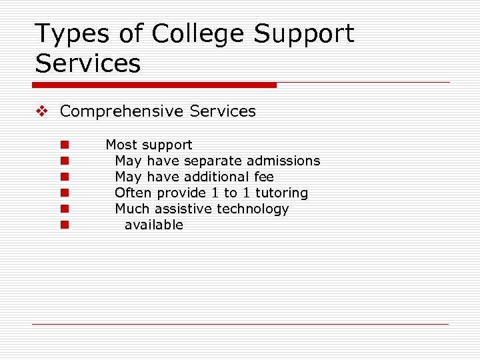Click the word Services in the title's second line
[x=88, y=63]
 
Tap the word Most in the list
[x=120, y=145]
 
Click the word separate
[x=213, y=161]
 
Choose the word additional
[x=217, y=177]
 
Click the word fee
[x=264, y=177]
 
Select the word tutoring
[x=282, y=193]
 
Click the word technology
[x=253, y=209]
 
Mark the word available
[x=153, y=225]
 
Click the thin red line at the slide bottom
[x=240, y=324]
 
